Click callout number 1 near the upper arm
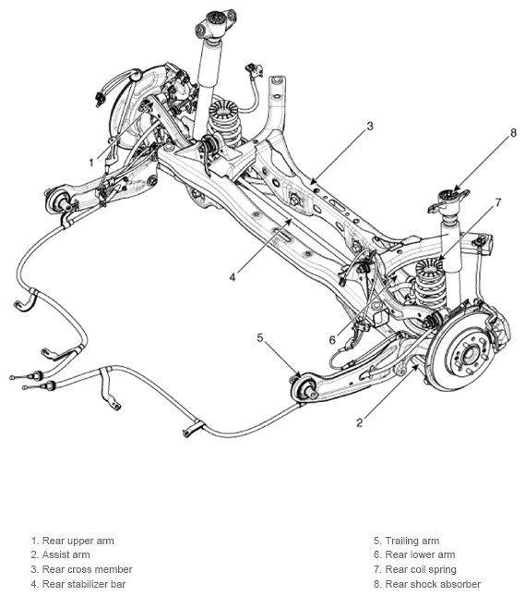click(91, 163)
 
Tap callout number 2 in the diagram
click(360, 422)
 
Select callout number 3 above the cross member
click(370, 126)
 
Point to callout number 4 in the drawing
click(233, 278)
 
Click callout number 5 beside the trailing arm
click(260, 337)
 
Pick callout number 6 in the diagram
click(332, 340)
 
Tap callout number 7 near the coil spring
click(498, 202)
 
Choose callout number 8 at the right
click(513, 133)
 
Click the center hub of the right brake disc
click(467, 355)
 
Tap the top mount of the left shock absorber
click(216, 24)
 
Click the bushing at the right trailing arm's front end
click(304, 389)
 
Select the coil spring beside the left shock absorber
click(224, 121)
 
